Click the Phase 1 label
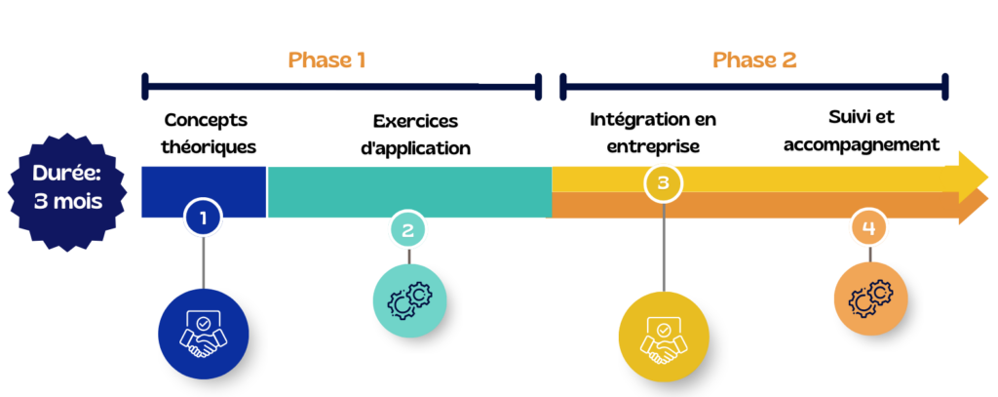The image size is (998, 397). [x=326, y=60]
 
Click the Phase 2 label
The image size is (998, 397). [x=754, y=60]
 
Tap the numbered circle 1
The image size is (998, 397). [x=203, y=218]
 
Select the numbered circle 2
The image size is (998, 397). [x=407, y=230]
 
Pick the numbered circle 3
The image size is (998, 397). [x=663, y=182]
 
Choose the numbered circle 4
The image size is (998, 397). [x=868, y=228]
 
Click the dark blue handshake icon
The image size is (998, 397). [x=203, y=334]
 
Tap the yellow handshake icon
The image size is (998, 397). [x=663, y=337]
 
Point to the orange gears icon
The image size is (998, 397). [x=870, y=298]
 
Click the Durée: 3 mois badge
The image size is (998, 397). [x=67, y=191]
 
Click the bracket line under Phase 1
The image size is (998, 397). [x=341, y=87]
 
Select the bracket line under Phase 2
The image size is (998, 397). [x=752, y=87]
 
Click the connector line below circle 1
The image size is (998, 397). [x=203, y=260]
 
